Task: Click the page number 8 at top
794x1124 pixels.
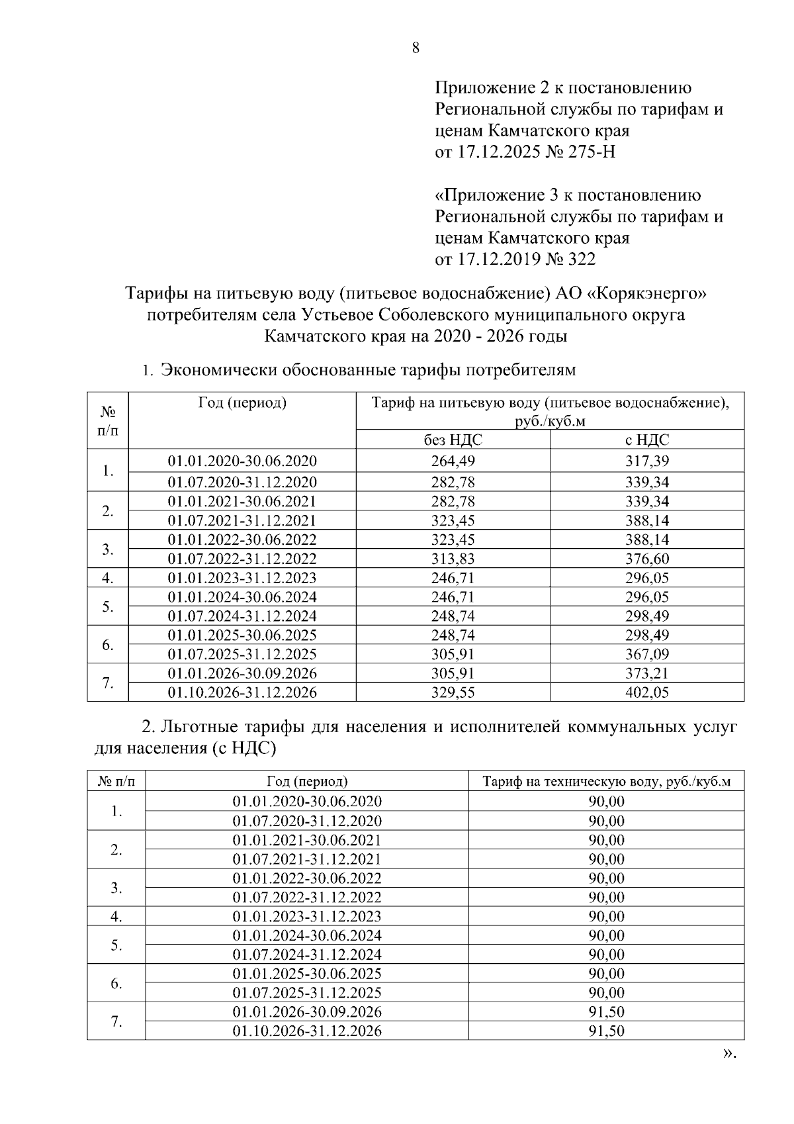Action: (416, 48)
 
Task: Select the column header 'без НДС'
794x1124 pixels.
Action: (453, 440)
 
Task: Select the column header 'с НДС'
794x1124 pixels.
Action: (647, 440)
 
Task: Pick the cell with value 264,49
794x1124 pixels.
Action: (453, 461)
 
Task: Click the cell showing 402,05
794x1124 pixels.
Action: (647, 692)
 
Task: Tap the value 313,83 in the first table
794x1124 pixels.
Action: (453, 558)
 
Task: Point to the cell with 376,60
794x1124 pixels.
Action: (647, 558)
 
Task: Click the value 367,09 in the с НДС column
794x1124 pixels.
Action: (647, 654)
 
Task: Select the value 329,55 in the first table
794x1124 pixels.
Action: (453, 692)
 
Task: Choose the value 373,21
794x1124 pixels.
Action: (647, 673)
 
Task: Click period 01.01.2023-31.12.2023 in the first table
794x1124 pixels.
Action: (242, 577)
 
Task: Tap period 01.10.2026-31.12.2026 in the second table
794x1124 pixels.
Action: (307, 1031)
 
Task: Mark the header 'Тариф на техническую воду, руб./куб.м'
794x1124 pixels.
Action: (606, 781)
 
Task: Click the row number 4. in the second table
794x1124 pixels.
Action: (116, 917)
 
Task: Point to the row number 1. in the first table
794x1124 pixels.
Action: (108, 471)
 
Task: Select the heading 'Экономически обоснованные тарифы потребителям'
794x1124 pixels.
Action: (369, 369)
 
